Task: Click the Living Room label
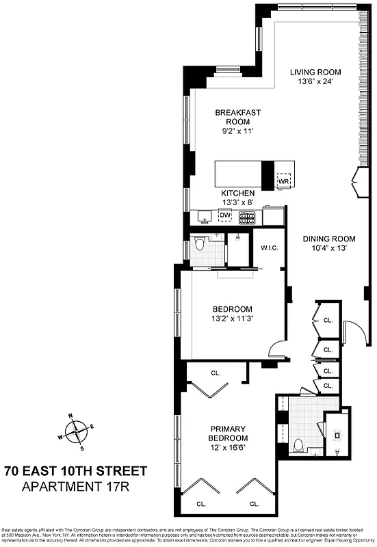click(x=315, y=72)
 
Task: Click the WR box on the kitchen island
click(x=284, y=182)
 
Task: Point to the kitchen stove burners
click(x=247, y=217)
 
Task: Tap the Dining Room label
click(x=329, y=239)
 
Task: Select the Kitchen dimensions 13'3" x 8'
click(x=237, y=202)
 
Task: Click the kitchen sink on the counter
click(x=204, y=217)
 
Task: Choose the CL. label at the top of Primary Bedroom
click(x=216, y=373)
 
